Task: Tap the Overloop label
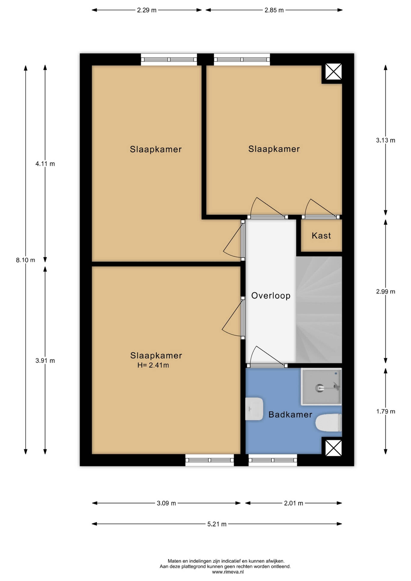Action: [271, 296]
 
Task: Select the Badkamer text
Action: [290, 414]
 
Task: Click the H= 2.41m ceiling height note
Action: [153, 365]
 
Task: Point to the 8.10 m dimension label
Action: [25, 260]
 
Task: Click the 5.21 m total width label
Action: [217, 524]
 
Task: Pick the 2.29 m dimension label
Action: [147, 10]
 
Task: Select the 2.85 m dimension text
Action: [274, 10]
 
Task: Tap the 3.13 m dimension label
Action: [386, 140]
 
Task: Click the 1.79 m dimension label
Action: [386, 411]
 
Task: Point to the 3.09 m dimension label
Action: [166, 503]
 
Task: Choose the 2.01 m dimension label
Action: [293, 503]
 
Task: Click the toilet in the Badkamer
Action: [329, 423]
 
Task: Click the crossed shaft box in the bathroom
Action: [334, 448]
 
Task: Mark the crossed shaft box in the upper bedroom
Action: [334, 72]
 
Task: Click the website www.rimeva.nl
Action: [228, 572]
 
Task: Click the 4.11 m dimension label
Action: [45, 164]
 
